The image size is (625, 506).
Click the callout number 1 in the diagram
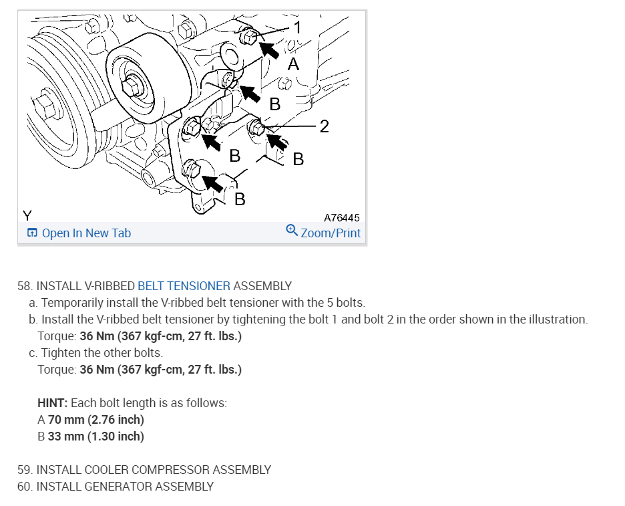298,27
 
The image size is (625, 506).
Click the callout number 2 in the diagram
325,126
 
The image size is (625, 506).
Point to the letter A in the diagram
293,64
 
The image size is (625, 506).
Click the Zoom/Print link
331,233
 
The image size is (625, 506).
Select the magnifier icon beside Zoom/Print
291,231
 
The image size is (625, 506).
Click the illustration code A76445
341,218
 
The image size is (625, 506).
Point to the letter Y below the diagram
27,216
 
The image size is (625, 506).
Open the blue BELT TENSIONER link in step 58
184,286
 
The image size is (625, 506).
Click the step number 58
25,286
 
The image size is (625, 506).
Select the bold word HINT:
53,404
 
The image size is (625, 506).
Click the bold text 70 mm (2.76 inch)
96,420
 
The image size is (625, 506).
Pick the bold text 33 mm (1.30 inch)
95,436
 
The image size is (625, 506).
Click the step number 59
25,470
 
